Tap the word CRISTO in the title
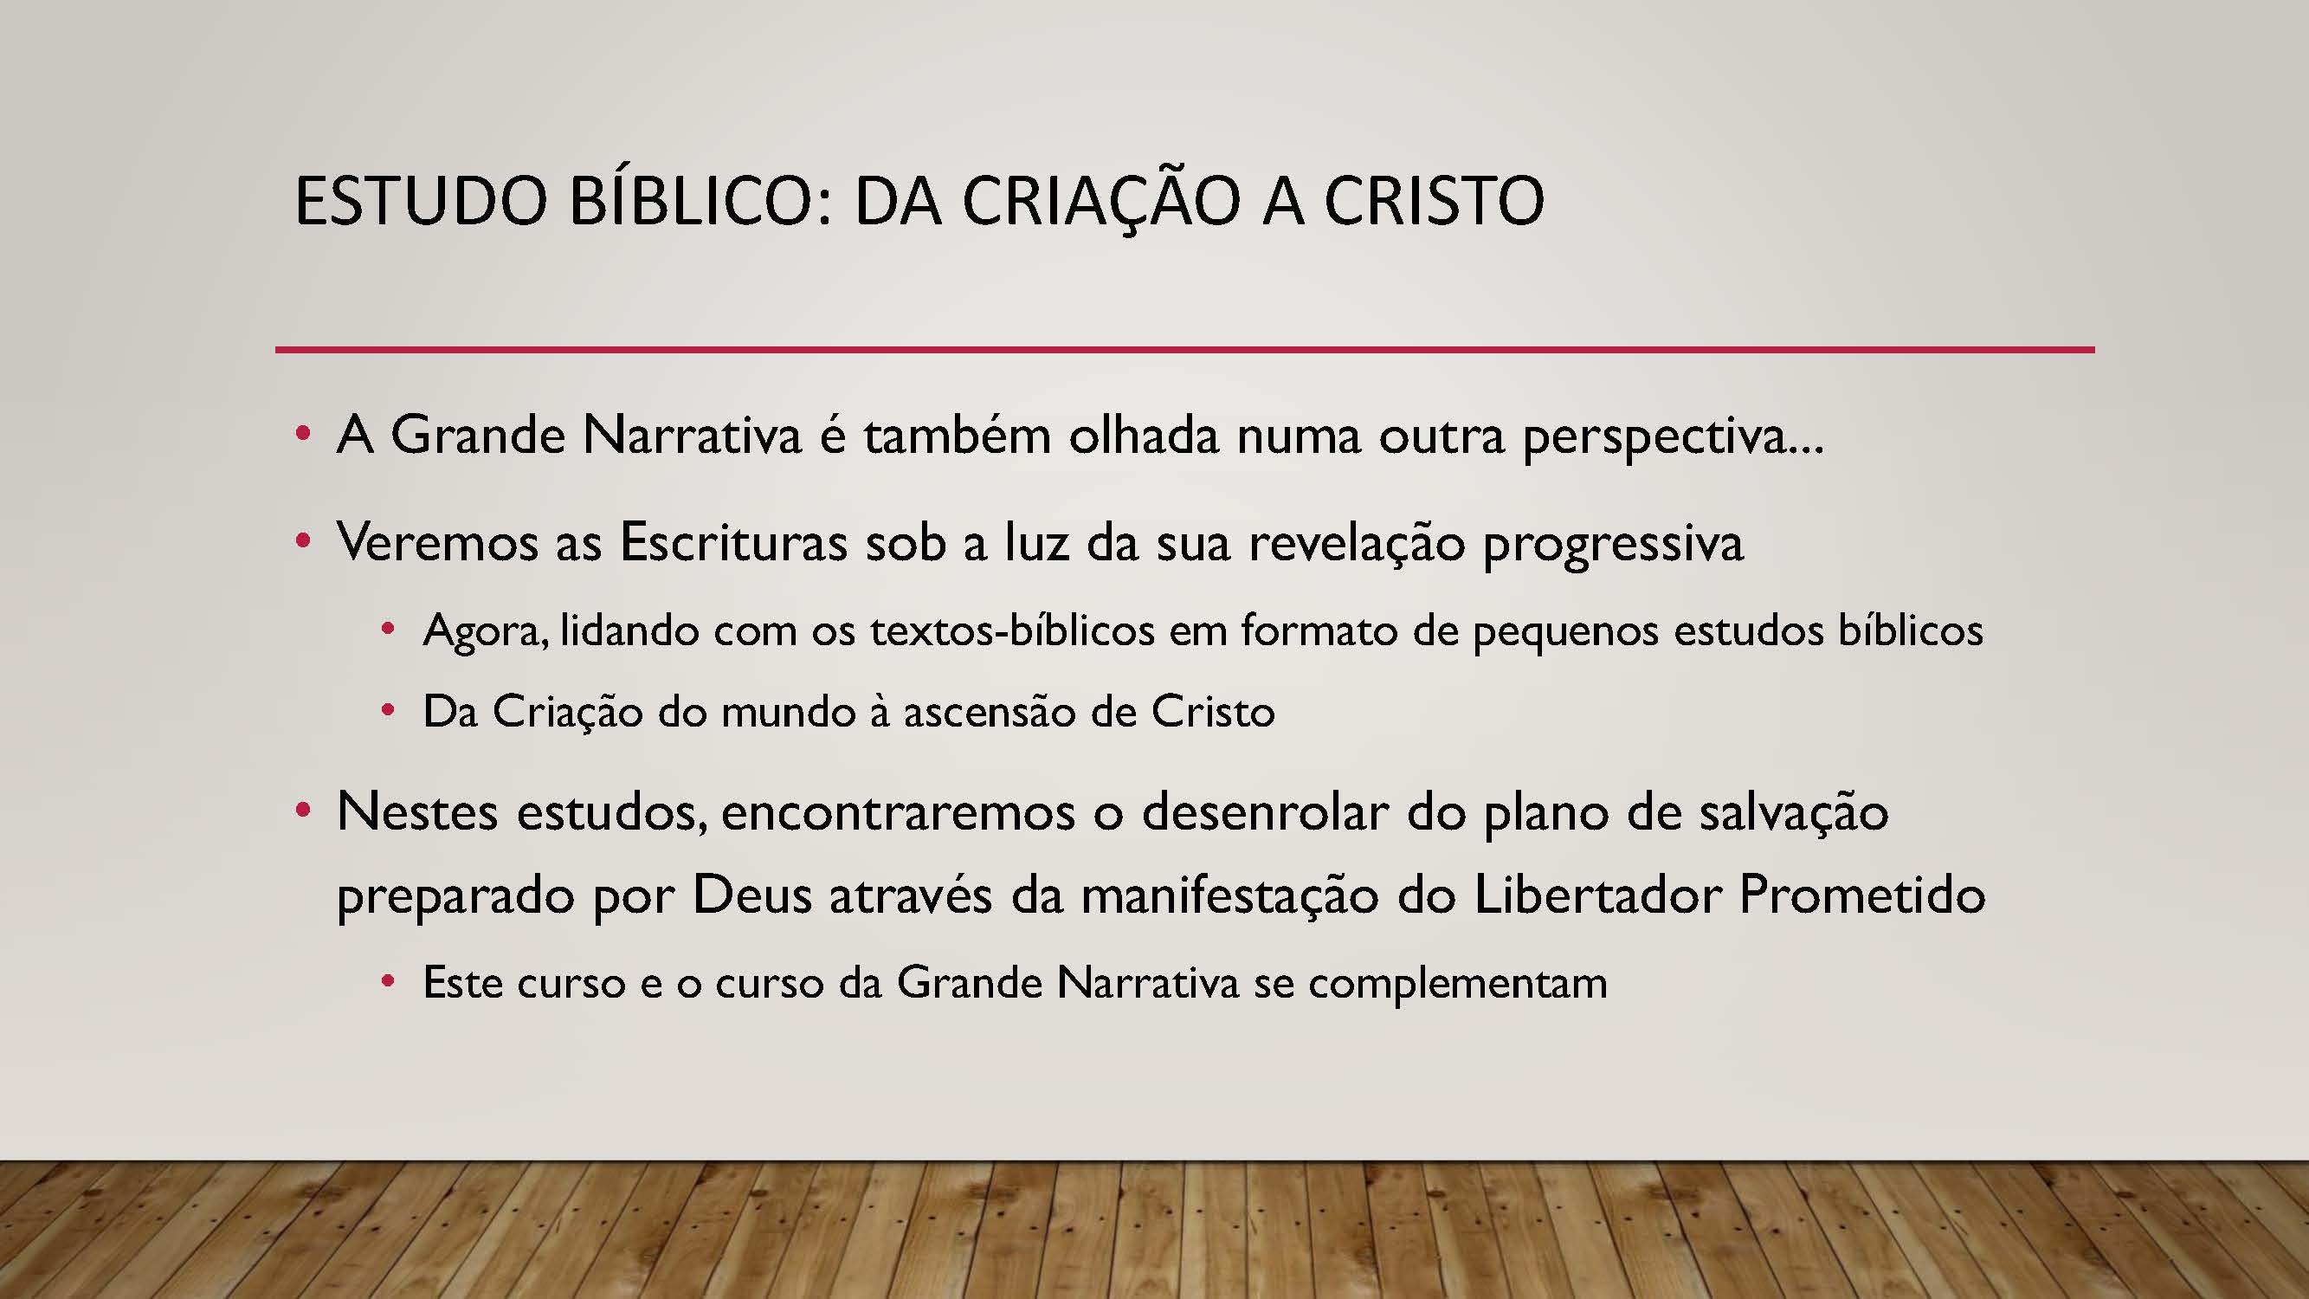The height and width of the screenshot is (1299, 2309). (x=1435, y=200)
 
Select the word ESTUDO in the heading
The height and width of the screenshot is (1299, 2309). (x=422, y=200)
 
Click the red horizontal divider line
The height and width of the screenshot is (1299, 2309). (x=1185, y=349)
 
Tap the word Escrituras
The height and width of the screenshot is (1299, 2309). (x=733, y=541)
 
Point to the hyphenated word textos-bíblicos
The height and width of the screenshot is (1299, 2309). (x=1012, y=630)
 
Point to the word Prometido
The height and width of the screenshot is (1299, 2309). (x=1862, y=894)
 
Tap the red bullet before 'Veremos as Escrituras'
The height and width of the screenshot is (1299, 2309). (x=303, y=541)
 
